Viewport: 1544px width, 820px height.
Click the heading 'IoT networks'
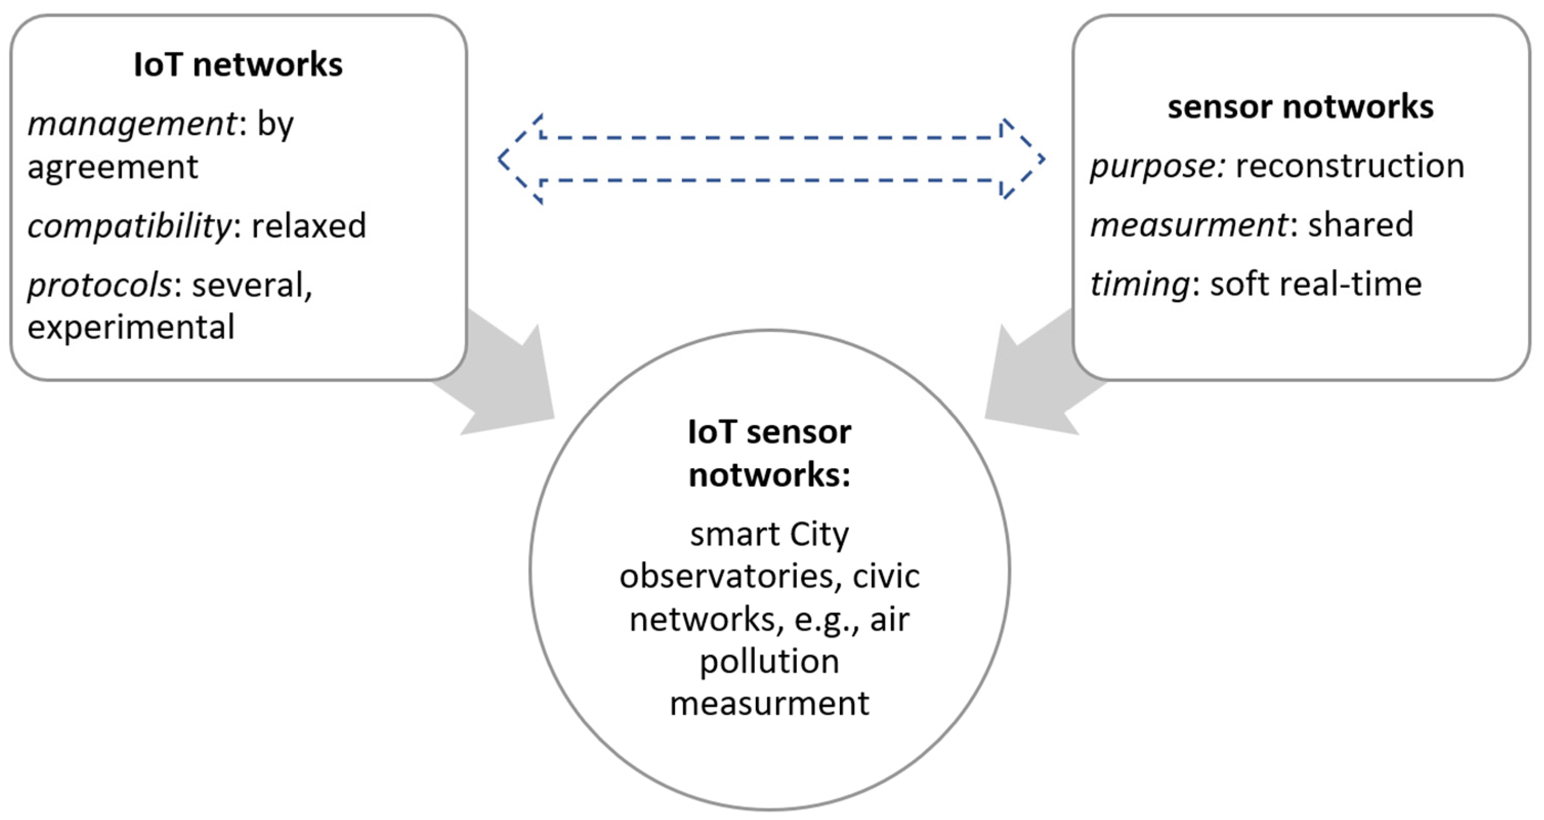pos(238,65)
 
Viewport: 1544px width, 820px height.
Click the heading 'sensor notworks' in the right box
pos(1300,107)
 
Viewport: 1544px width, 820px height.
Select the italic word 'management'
pos(132,124)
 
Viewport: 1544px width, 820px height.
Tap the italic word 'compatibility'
pos(129,226)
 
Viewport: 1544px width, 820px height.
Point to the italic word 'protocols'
pos(99,285)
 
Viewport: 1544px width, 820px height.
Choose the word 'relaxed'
pos(309,226)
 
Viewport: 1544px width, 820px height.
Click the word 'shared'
pos(1360,225)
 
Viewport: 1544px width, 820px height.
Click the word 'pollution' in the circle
pos(769,662)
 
